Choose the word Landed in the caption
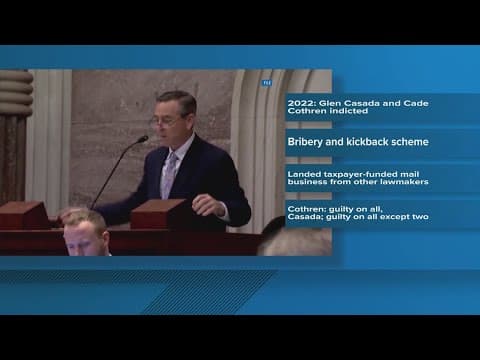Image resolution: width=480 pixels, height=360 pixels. tap(304, 174)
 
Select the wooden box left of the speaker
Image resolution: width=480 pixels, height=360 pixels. tap(24, 216)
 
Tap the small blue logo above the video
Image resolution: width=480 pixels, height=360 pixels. tap(267, 82)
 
